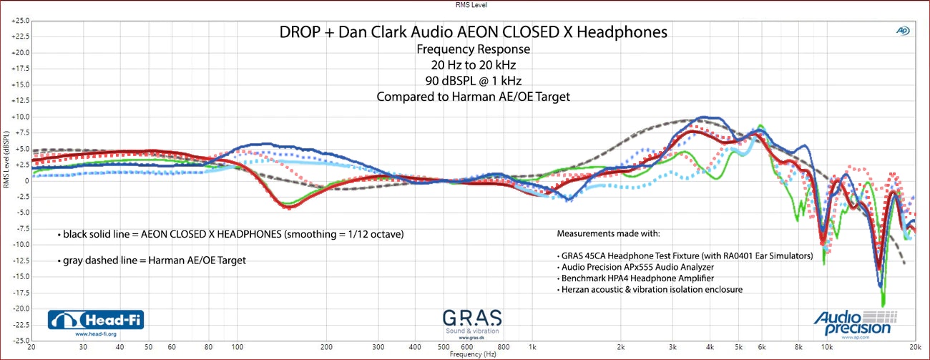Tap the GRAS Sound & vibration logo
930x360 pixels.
(471, 323)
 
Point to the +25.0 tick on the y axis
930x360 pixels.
(19, 21)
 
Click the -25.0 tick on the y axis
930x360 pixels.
(19, 340)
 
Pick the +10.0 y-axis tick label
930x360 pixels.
(19, 117)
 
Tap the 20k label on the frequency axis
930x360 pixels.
(914, 347)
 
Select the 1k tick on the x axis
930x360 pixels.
(532, 347)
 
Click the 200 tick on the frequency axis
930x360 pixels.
(327, 347)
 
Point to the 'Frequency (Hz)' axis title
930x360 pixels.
(473, 355)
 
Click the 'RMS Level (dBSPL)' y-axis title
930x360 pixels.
(6, 160)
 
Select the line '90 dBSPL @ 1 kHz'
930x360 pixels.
(473, 81)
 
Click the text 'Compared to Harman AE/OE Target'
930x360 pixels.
(473, 97)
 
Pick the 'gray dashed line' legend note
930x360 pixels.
(152, 261)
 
